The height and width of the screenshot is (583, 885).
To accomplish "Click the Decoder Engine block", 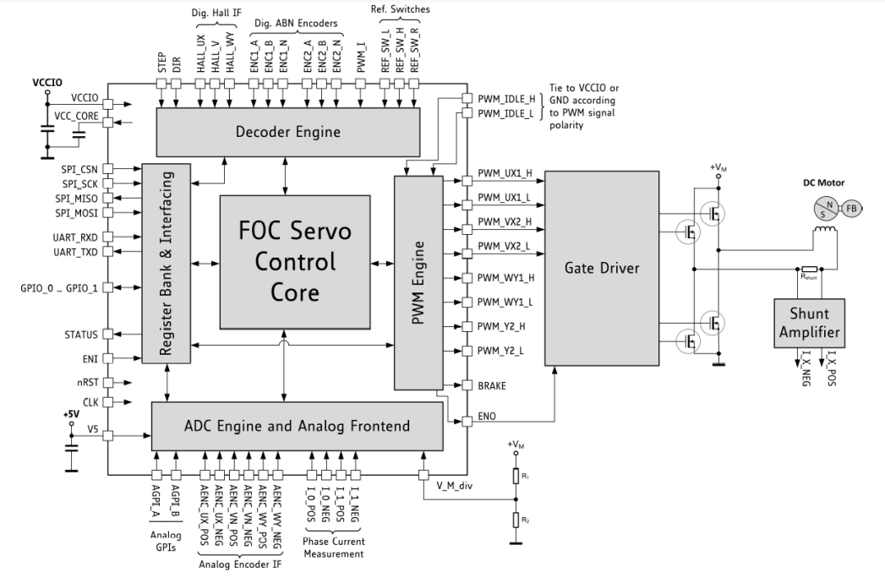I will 288,131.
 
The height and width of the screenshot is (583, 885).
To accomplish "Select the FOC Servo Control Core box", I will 294,261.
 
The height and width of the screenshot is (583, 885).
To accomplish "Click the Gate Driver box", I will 601,267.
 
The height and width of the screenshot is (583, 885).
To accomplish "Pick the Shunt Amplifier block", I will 810,322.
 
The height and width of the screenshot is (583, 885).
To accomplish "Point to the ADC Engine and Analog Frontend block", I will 296,426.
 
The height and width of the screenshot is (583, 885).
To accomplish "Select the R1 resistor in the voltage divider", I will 516,477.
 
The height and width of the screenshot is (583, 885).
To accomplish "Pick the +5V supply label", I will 72,415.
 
